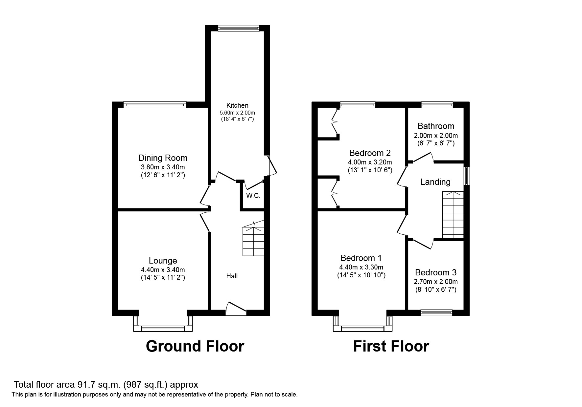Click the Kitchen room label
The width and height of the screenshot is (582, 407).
pyautogui.click(x=237, y=105)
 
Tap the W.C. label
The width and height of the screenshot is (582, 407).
pyautogui.click(x=253, y=196)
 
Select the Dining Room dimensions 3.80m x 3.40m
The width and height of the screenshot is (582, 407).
pyautogui.click(x=163, y=167)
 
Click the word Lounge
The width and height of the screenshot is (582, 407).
pyautogui.click(x=163, y=261)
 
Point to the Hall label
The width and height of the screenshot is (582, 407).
pyautogui.click(x=232, y=276)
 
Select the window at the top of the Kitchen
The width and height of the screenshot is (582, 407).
pyautogui.click(x=239, y=29)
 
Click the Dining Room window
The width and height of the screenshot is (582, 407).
pyautogui.click(x=155, y=105)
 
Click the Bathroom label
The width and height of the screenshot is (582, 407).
pyautogui.click(x=436, y=126)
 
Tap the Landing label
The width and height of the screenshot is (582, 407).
pyautogui.click(x=435, y=182)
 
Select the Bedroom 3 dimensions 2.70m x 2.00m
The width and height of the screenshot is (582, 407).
pyautogui.click(x=435, y=282)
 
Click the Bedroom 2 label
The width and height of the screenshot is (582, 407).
pyautogui.click(x=370, y=153)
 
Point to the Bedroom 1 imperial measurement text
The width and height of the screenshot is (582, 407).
pyautogui.click(x=361, y=275)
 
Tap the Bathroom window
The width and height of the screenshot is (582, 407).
pyautogui.click(x=437, y=105)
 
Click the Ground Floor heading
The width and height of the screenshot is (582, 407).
pyautogui.click(x=195, y=346)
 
